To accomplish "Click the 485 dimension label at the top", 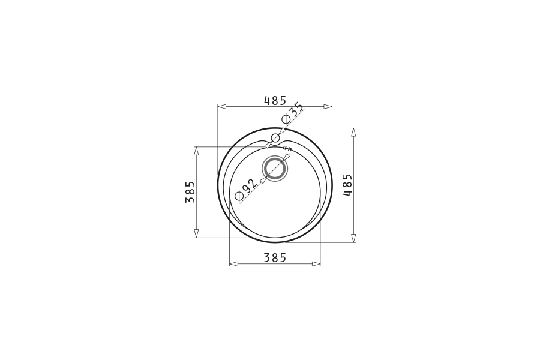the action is (275, 100).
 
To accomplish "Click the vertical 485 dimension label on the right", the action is (347, 185).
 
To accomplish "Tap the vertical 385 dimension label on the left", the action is (190, 192).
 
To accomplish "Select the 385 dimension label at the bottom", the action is (275, 257).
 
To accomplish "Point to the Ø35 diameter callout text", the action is (293, 113).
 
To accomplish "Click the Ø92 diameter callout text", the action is (245, 190).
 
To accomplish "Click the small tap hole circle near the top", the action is (275, 139).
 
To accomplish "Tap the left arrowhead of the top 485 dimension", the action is (221, 106).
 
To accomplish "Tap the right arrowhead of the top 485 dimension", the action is (328, 106).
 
